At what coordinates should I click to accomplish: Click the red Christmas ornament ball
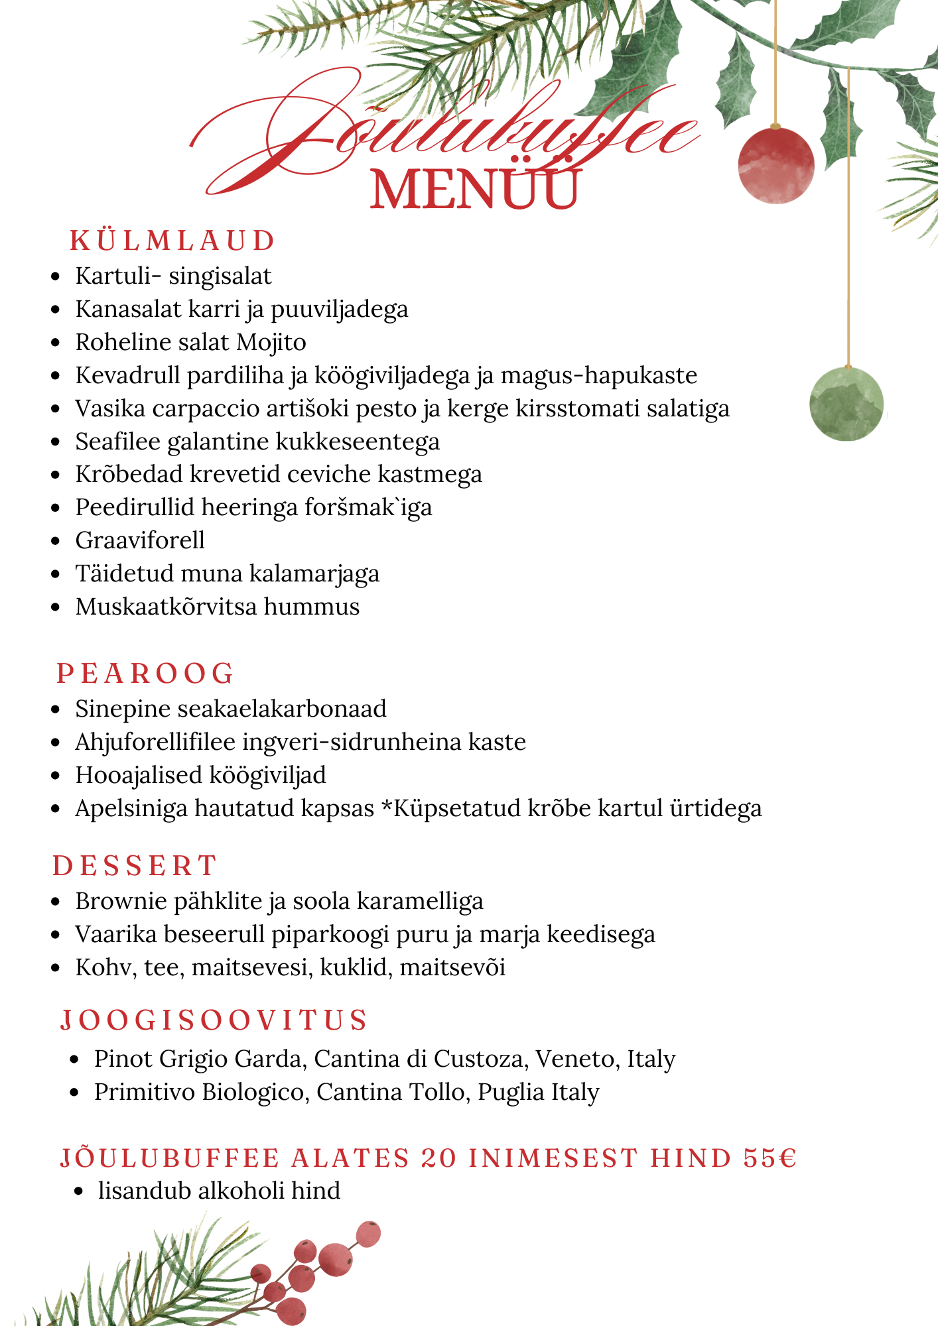coord(775,164)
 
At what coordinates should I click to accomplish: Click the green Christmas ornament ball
coord(847,403)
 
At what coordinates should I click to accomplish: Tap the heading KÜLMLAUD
coord(172,241)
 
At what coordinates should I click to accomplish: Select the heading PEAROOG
coord(145,674)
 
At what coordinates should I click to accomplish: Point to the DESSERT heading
coord(135,866)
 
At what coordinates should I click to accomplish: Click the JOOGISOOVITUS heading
coord(214,1020)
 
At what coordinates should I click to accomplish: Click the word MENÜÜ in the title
coord(475,190)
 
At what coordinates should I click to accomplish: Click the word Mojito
coord(271,342)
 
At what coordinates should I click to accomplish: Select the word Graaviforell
coord(140,540)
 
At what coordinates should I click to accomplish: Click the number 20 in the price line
coord(439,1158)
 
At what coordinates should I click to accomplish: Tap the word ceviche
coord(334,474)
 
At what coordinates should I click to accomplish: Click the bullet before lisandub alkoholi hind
coord(79,1191)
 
